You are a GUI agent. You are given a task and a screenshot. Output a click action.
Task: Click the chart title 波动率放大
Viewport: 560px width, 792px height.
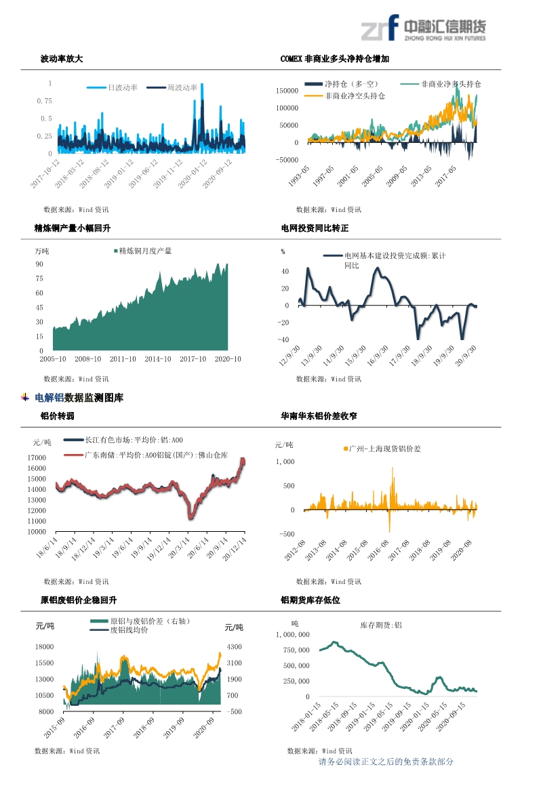(x=62, y=60)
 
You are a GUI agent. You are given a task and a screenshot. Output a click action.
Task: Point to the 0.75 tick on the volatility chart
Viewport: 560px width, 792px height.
(x=44, y=101)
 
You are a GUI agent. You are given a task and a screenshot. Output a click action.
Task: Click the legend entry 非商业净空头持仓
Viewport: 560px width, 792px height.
(x=355, y=96)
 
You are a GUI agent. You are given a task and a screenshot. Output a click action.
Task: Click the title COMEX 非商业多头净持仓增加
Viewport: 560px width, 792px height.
(x=335, y=60)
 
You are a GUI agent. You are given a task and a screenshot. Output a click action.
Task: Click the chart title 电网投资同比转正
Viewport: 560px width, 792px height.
(x=315, y=229)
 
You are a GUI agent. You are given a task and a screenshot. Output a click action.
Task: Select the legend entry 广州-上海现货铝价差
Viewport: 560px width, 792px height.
(x=384, y=449)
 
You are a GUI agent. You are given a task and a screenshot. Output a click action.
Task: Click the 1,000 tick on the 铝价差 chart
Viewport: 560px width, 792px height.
(x=285, y=461)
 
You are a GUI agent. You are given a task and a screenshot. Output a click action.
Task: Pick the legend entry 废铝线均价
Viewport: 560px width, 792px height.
(x=129, y=630)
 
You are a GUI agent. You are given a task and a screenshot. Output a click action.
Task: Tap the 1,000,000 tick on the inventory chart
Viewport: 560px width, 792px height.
(x=293, y=635)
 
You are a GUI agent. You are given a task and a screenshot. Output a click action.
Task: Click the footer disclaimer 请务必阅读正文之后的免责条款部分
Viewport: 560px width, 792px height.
(x=386, y=762)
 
